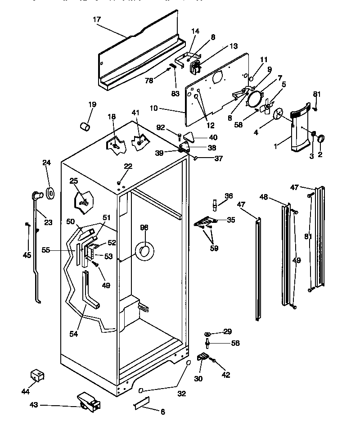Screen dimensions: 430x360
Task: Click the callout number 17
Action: tap(97, 19)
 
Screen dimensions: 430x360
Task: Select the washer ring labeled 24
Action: tap(50, 193)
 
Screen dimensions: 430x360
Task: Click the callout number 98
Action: tap(144, 227)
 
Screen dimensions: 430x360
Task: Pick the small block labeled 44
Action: tap(37, 375)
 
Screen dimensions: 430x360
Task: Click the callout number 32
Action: tap(182, 394)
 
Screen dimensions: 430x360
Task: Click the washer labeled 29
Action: tap(207, 334)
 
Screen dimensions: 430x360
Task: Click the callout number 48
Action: tap(264, 196)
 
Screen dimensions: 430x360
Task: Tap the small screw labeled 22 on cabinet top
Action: tap(119, 183)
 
